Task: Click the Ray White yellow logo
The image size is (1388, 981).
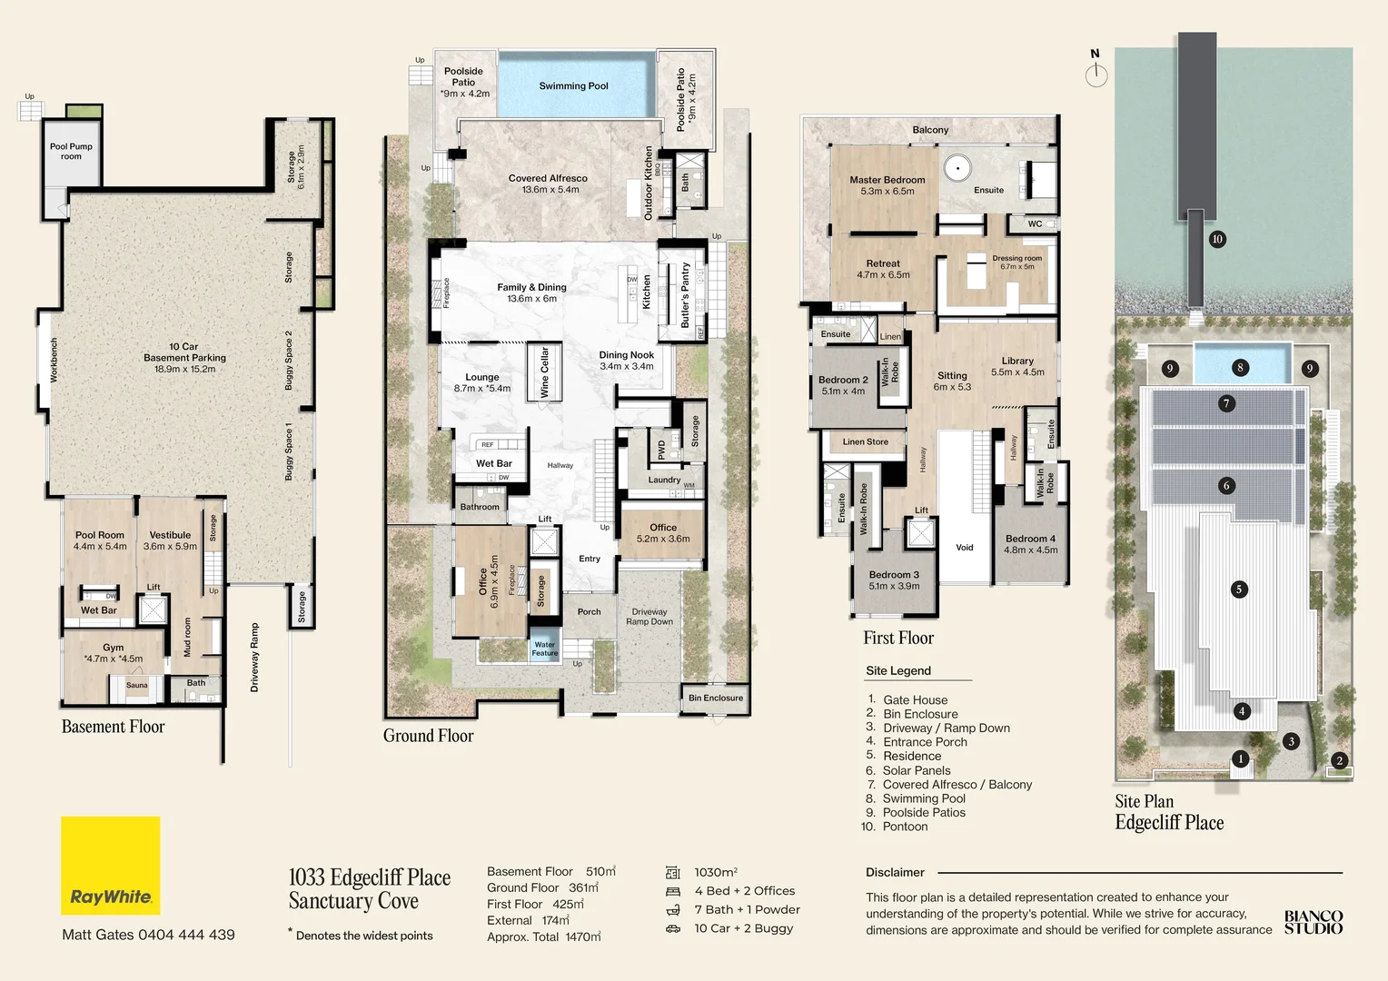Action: [x=110, y=865]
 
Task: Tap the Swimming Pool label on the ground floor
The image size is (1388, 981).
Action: [x=573, y=86]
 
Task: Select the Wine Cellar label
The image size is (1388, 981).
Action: [x=545, y=372]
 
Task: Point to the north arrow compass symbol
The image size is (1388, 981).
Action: [x=1096, y=71]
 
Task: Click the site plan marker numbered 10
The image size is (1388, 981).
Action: [x=1217, y=239]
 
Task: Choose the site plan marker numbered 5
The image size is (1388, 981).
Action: [x=1238, y=590]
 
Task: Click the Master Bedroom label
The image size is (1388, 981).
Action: [x=887, y=181]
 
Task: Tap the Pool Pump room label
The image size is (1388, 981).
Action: [x=71, y=151]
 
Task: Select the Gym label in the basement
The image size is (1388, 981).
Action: [x=114, y=649]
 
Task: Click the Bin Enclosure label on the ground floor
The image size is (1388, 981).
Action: [x=715, y=698]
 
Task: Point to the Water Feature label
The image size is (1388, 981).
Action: [x=545, y=649]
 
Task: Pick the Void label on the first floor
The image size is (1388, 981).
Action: [x=965, y=548]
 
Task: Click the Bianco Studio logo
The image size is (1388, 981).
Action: [x=1313, y=922]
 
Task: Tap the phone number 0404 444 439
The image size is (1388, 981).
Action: [x=186, y=935]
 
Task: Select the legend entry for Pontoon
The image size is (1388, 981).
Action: [x=905, y=827]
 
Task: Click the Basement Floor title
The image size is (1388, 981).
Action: [x=113, y=727]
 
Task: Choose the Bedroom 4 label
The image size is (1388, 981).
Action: [x=1030, y=539]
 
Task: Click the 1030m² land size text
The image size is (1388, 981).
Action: [x=716, y=872]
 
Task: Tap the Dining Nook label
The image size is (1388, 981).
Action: [x=626, y=355]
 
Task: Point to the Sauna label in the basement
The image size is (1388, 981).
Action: [x=136, y=686]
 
